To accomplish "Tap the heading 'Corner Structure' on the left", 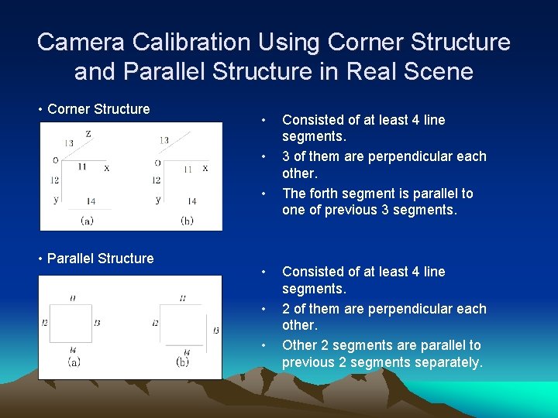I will [98, 109].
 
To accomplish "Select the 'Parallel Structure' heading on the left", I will [100, 259].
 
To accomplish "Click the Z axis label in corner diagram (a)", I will [88, 134].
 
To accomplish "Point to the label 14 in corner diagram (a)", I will [91, 201].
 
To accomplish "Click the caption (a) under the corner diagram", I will [87, 220].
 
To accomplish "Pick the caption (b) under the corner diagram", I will [187, 220].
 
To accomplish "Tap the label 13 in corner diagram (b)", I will [164, 140].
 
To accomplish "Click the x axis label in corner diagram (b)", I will [205, 168].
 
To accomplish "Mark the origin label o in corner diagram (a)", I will [55, 160].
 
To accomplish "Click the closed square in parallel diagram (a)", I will [71, 323].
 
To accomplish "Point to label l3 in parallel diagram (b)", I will [215, 330].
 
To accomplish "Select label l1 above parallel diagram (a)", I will [72, 298].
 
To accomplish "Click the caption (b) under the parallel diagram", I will [183, 361].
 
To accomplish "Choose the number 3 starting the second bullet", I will [286, 156].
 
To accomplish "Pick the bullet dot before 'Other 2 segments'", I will [265, 345].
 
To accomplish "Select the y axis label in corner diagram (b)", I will [158, 200].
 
